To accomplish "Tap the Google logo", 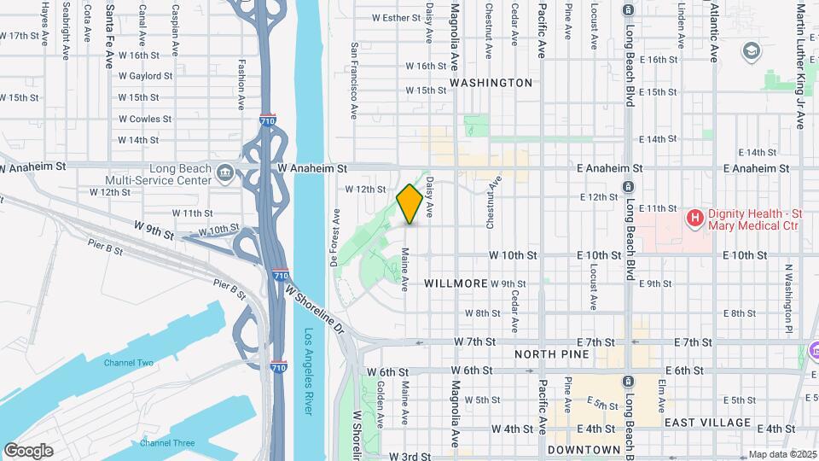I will tap(28, 450).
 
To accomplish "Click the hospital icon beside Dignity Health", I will tap(694, 219).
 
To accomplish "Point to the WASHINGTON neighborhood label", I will tap(491, 83).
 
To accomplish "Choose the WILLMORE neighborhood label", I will tap(456, 283).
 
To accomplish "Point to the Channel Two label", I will tap(129, 364).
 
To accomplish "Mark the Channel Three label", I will tap(167, 442).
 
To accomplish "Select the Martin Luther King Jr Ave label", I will tap(800, 66).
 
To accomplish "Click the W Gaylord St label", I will tap(145, 76).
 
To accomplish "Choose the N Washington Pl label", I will tap(789, 299).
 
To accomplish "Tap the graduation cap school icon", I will tap(751, 53).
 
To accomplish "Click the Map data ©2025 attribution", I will tap(781, 454).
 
